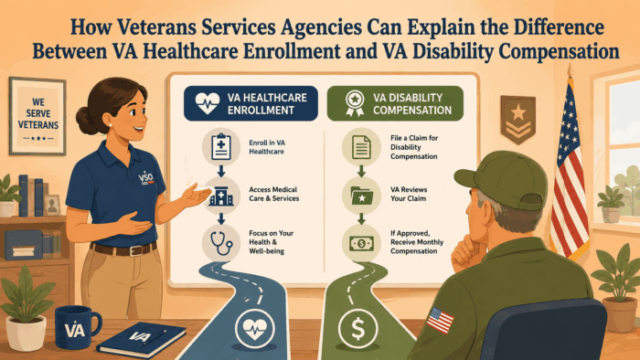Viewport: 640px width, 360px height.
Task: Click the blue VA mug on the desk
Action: [76, 327]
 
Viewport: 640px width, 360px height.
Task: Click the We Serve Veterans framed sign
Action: [37, 116]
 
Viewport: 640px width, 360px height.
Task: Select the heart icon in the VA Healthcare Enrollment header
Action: [208, 103]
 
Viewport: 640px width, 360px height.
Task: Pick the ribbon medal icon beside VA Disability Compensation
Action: [355, 103]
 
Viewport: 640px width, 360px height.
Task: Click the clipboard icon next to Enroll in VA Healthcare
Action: [221, 146]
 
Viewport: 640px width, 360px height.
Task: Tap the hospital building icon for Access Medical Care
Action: [221, 196]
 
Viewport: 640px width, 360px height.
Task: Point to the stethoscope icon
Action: [221, 243]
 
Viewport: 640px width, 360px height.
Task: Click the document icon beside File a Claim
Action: [361, 147]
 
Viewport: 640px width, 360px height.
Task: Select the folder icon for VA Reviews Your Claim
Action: [362, 196]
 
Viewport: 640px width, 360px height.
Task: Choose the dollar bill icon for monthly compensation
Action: [361, 244]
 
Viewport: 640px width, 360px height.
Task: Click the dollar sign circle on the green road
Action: [358, 329]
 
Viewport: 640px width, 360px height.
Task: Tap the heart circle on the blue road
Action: [254, 329]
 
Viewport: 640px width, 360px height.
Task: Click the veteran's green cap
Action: [502, 178]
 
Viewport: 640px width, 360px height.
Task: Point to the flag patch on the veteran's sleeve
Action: [440, 319]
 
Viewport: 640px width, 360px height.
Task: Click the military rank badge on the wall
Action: [518, 120]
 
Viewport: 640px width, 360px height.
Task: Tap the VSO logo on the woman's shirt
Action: [146, 178]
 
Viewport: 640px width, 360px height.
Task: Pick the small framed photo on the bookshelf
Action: [52, 205]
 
